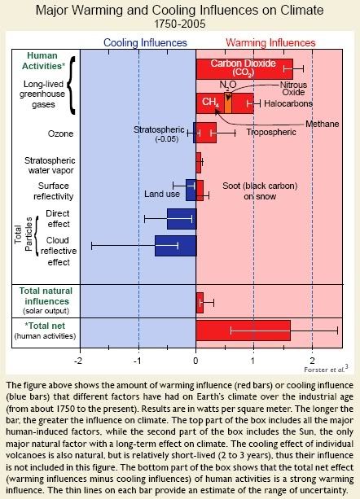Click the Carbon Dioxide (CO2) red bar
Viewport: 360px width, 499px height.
coord(244,68)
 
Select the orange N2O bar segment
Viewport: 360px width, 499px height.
coord(228,103)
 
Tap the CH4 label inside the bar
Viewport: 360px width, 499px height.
coord(210,102)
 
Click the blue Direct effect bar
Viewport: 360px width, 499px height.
coord(182,219)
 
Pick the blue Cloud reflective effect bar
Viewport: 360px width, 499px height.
coord(176,246)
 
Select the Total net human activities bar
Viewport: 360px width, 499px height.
coord(244,330)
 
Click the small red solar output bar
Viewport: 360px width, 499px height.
coord(200,303)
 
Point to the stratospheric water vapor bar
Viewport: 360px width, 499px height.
coord(199,163)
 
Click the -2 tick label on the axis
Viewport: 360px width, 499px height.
coord(78,361)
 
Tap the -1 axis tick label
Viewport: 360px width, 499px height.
coord(137,361)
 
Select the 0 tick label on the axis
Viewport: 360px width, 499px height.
coord(195,361)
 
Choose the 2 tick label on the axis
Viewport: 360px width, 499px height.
coord(312,361)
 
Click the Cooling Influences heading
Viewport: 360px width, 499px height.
coord(146,42)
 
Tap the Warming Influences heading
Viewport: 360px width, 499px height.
coord(270,42)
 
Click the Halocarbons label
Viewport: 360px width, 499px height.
coord(288,103)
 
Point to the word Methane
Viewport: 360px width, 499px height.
coord(322,124)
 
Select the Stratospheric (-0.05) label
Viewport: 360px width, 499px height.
coord(159,134)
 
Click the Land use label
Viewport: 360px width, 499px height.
coord(162,194)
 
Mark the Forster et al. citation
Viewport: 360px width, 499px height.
coord(326,369)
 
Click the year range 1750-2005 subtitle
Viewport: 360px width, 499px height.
coord(180,24)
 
